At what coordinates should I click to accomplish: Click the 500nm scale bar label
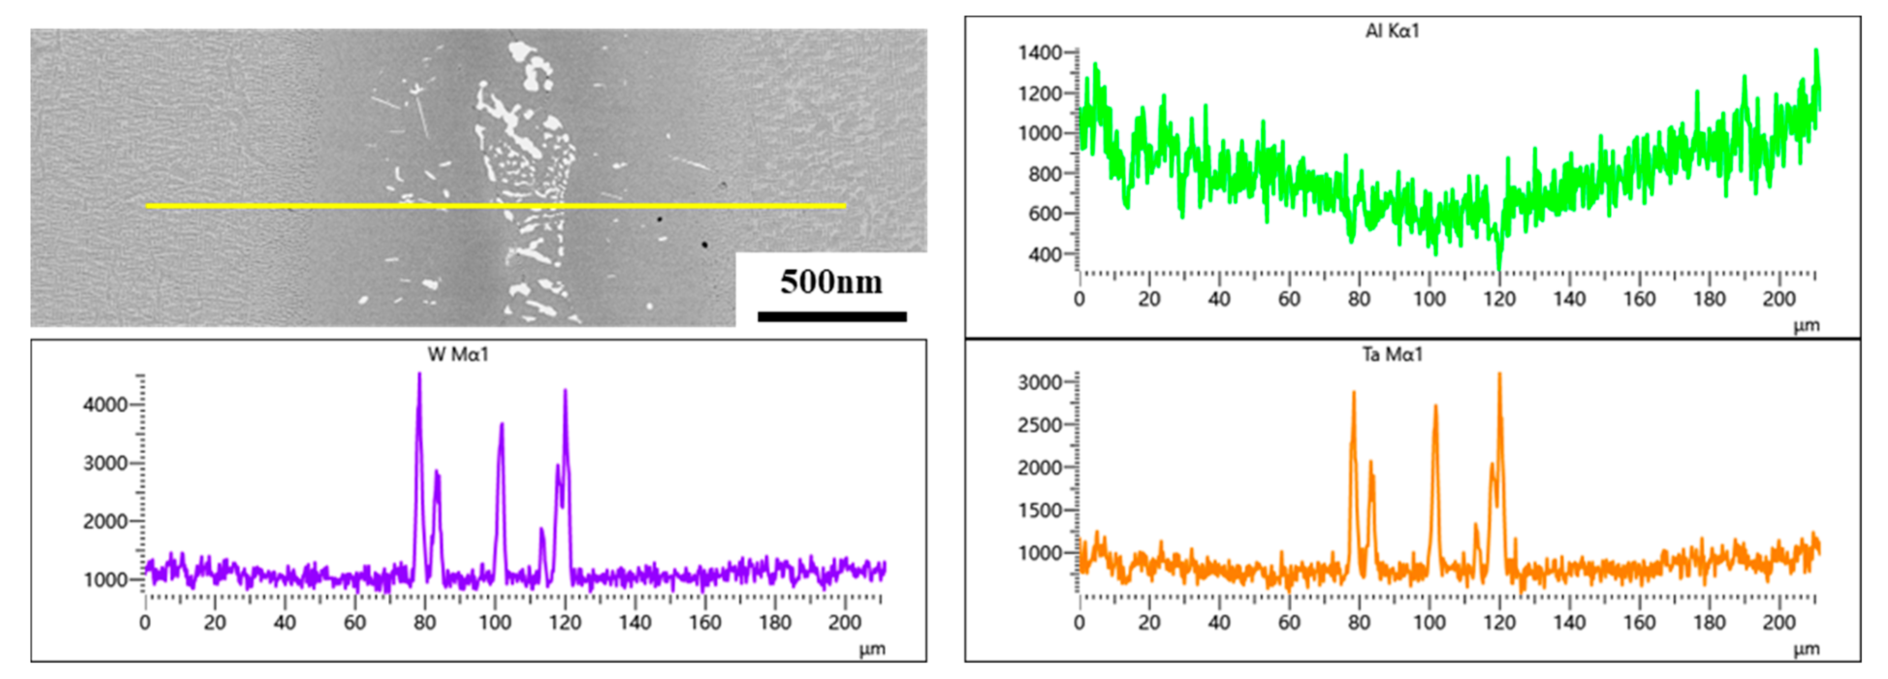(x=831, y=282)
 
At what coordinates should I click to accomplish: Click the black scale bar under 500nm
(x=832, y=316)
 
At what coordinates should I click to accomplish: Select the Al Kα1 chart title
(x=1392, y=31)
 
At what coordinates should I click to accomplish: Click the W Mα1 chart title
(x=458, y=355)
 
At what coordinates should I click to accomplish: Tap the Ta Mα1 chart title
(x=1392, y=355)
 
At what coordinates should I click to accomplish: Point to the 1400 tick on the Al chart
(x=1040, y=53)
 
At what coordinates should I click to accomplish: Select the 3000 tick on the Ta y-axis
(x=1040, y=382)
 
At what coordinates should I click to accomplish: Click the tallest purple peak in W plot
(x=419, y=375)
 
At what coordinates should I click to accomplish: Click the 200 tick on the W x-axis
(x=844, y=623)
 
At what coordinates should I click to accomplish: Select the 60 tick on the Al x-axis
(x=1289, y=299)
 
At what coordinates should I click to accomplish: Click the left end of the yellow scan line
(x=147, y=206)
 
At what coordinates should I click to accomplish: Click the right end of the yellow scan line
(x=845, y=206)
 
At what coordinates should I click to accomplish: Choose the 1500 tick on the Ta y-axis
(x=1040, y=510)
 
